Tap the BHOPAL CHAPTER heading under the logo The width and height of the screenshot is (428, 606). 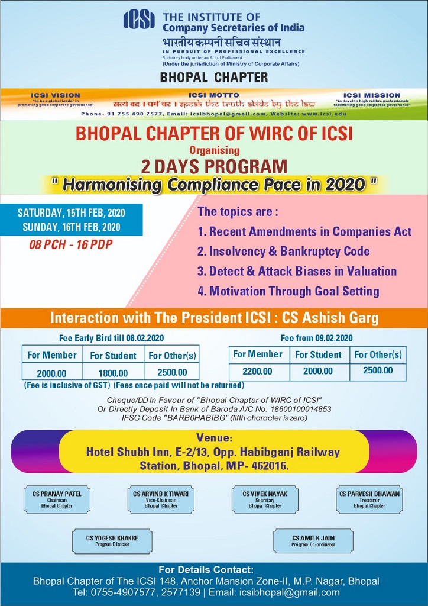(214, 77)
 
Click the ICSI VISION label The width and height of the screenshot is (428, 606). (56, 95)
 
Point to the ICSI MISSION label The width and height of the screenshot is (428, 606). (372, 95)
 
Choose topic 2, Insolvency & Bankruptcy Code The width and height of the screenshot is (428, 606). (284, 252)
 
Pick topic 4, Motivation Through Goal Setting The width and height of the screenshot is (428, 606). (288, 291)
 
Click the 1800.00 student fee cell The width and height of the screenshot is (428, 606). (113, 373)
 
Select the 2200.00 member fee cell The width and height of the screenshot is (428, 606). (258, 371)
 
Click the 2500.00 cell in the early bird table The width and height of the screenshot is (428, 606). (173, 373)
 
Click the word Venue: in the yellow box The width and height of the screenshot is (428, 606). (213, 439)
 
